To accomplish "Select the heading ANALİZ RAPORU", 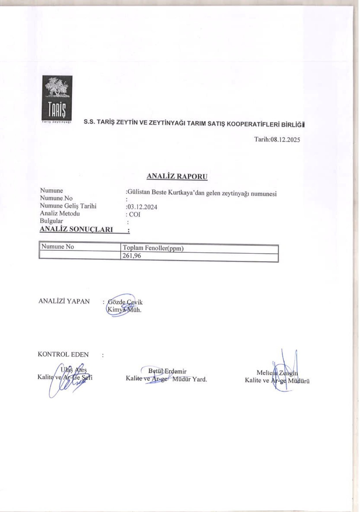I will tap(177, 176).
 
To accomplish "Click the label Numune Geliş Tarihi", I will tap(68, 206).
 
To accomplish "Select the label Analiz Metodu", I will tap(60, 214).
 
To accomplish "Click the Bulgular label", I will tap(51, 221).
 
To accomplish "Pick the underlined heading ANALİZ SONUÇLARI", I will tap(76, 229).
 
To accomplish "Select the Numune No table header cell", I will tap(58, 247).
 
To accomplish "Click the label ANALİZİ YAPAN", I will tap(64, 301).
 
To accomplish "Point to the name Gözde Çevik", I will tap(125, 302).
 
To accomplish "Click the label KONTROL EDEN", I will tap(63, 355).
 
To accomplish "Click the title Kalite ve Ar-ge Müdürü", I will tap(277, 381).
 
